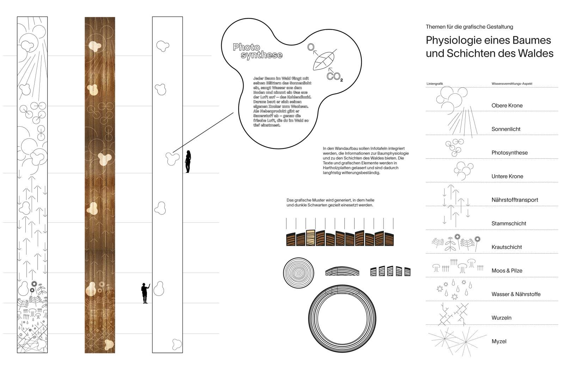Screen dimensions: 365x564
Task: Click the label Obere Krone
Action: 507,105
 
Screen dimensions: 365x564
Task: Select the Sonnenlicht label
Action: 506,129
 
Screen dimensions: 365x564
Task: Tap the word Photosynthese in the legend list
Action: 509,153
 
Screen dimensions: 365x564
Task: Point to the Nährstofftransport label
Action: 515,200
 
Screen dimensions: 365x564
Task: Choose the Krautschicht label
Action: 507,247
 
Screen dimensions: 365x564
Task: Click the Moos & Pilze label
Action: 507,271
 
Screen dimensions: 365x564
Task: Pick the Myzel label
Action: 499,341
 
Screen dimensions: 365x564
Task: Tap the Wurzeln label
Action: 501,318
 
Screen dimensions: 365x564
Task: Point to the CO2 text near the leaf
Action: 334,76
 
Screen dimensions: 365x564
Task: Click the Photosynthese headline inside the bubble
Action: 257,51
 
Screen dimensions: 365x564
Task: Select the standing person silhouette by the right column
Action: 188,162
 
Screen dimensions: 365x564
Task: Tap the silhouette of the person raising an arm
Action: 145,293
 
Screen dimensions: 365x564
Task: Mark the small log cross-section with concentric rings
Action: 298,272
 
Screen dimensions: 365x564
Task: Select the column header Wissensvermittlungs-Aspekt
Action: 512,84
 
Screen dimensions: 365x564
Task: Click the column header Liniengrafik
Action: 434,84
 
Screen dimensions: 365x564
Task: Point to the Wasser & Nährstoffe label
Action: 516,294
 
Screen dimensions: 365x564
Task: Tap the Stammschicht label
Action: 509,224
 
